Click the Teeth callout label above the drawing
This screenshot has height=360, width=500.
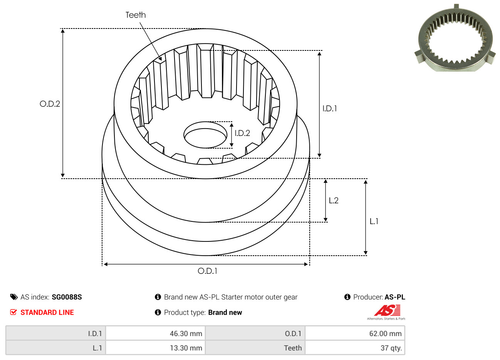pyautogui.click(x=136, y=15)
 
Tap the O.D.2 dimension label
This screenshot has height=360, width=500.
pyautogui.click(x=50, y=104)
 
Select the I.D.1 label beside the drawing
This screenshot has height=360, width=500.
pyautogui.click(x=329, y=109)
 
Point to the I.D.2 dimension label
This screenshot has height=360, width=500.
pyautogui.click(x=242, y=133)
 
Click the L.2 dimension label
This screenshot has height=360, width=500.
pyautogui.click(x=334, y=201)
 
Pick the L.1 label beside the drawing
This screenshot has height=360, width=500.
pyautogui.click(x=374, y=221)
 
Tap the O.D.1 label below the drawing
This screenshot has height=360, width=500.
pyautogui.click(x=207, y=271)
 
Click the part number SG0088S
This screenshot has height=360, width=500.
pyautogui.click(x=67, y=297)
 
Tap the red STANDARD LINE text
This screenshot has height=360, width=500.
pyautogui.click(x=47, y=313)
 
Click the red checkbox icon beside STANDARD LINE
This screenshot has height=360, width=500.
pyautogui.click(x=13, y=312)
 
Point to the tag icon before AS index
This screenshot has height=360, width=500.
pyautogui.click(x=14, y=297)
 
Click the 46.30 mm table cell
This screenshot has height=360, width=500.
pyautogui.click(x=155, y=333)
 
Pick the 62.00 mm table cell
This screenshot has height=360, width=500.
pyautogui.click(x=355, y=333)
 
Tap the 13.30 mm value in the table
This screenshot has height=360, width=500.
pyautogui.click(x=186, y=348)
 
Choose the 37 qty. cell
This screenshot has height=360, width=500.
pyautogui.click(x=355, y=348)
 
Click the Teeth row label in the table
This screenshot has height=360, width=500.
pyautogui.click(x=293, y=348)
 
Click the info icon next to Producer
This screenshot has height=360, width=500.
pyautogui.click(x=347, y=297)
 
